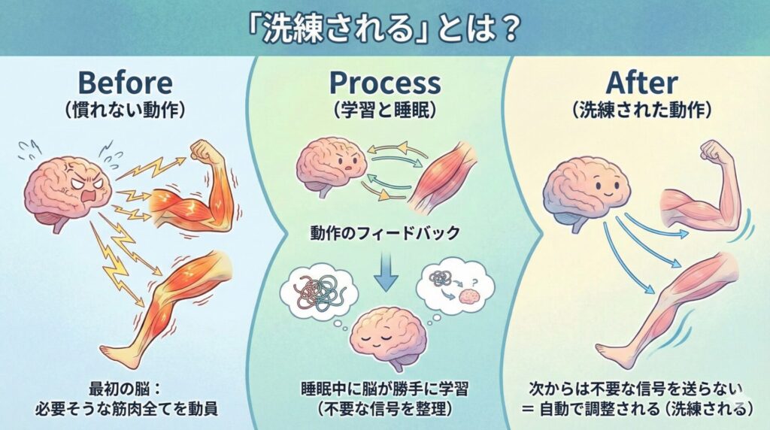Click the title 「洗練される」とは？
pos(384,29)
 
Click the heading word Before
pos(124,83)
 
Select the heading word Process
pos(384,83)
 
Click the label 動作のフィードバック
pos(384,233)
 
